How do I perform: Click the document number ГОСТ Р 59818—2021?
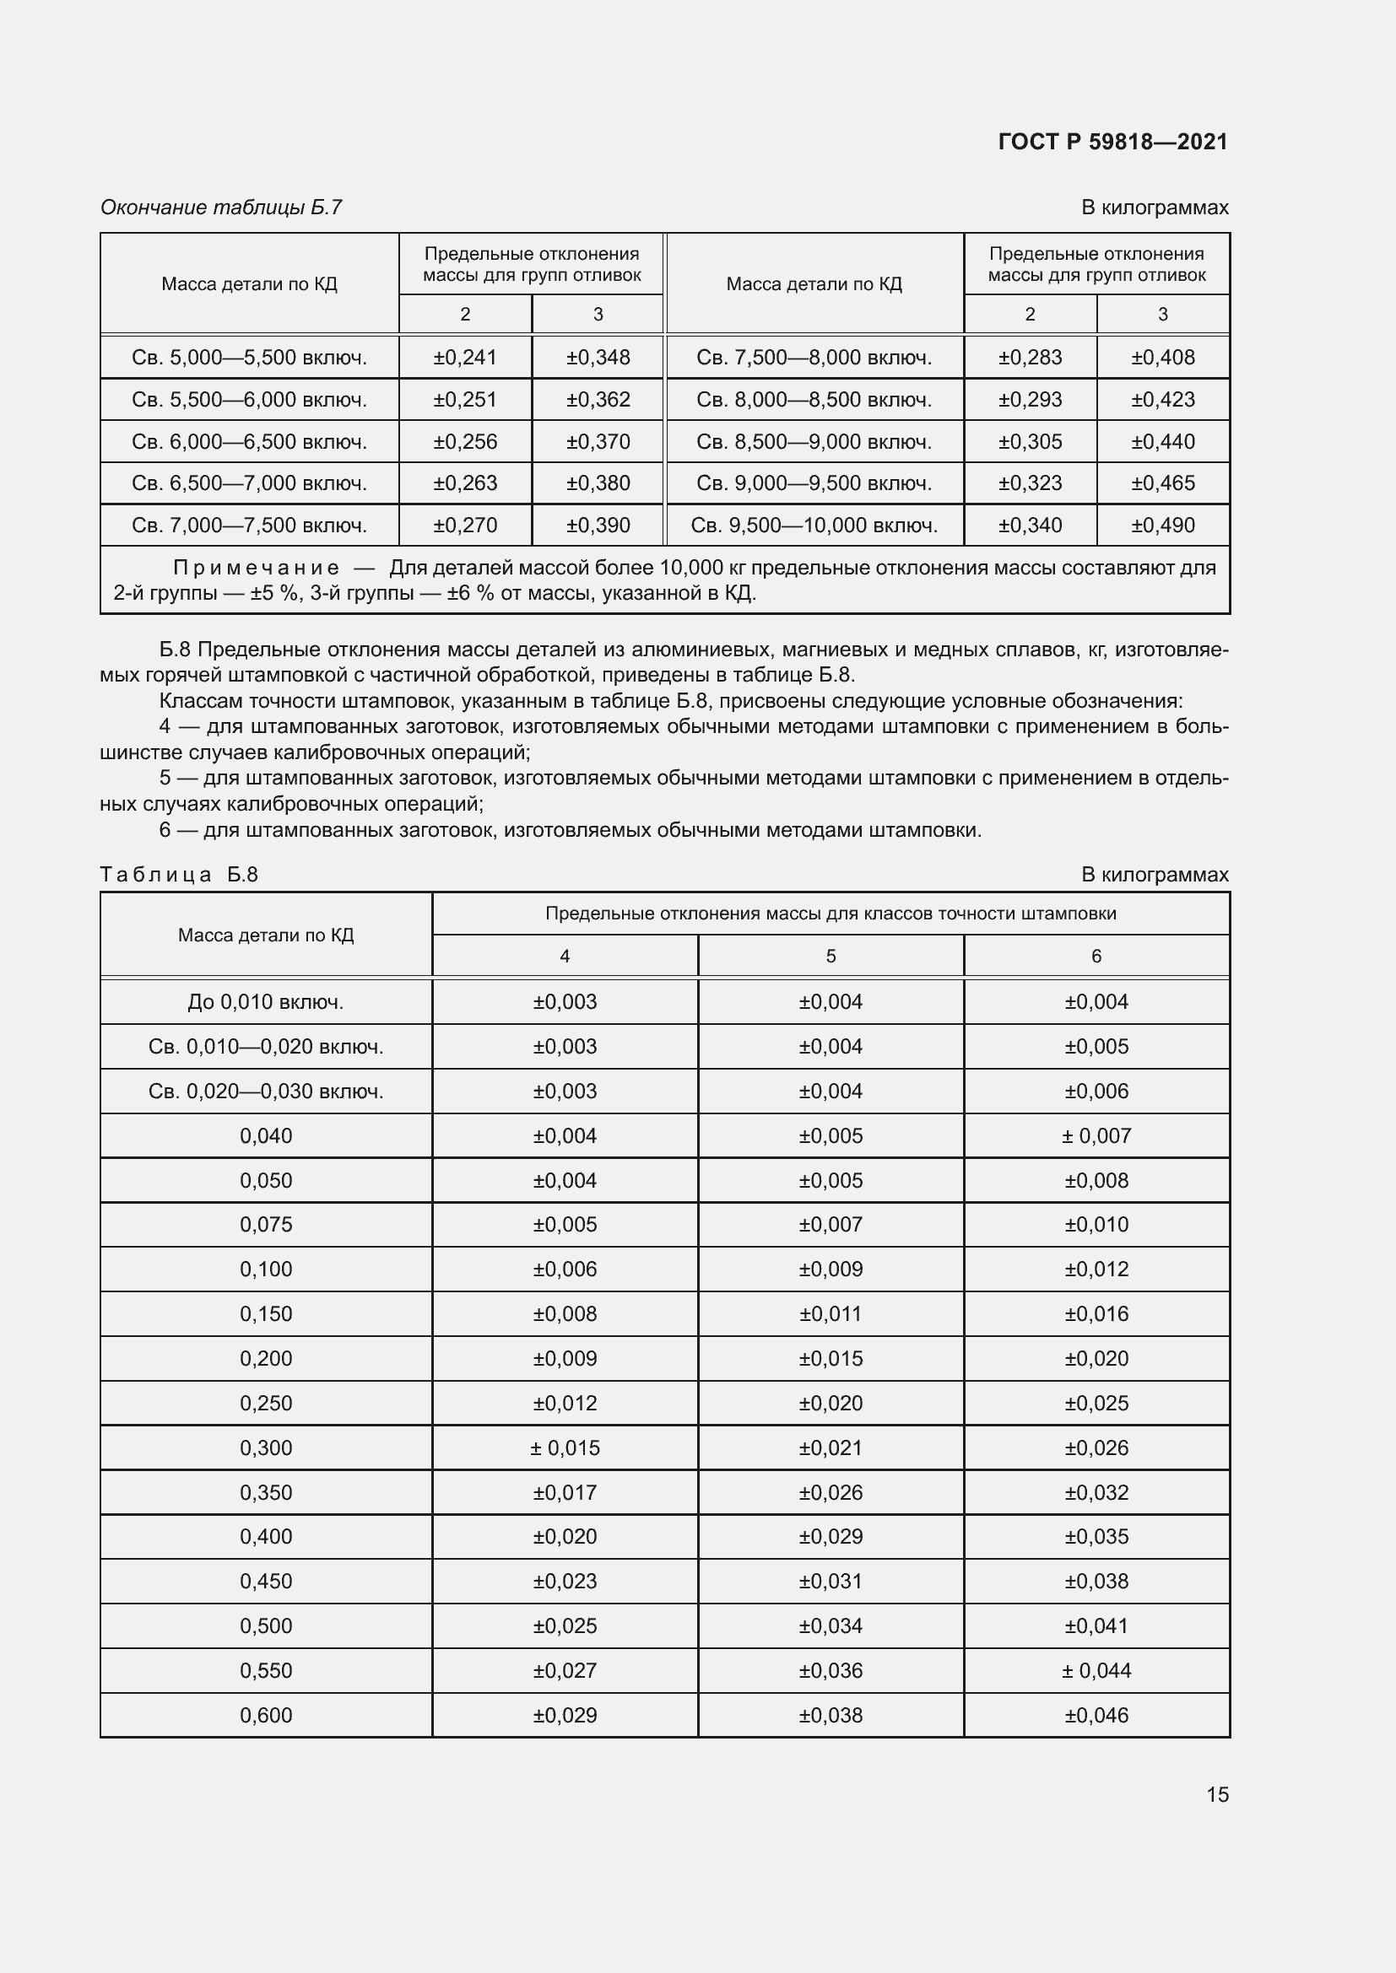pos(1113,142)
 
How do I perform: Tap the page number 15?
pos(1217,1794)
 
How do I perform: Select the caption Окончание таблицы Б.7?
pos(221,208)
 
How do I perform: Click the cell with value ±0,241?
pos(465,358)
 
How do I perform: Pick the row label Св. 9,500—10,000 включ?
pos(814,525)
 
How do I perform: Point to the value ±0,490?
pos(1162,525)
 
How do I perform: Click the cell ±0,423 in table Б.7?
pos(1162,400)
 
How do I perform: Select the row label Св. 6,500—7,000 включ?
pos(249,483)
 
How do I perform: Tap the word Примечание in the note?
pos(257,567)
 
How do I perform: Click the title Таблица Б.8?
pos(179,875)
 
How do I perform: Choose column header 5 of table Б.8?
pos(831,956)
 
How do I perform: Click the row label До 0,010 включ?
pos(266,1002)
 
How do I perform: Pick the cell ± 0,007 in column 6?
pos(1096,1136)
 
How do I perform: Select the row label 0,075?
pos(266,1225)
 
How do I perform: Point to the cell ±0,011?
pos(831,1314)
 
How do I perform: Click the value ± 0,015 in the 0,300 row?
pos(565,1448)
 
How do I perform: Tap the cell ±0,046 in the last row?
pos(1096,1715)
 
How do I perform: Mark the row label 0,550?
pos(266,1670)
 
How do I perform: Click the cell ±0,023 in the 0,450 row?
pos(565,1581)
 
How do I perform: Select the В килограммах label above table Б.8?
pos(1155,875)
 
